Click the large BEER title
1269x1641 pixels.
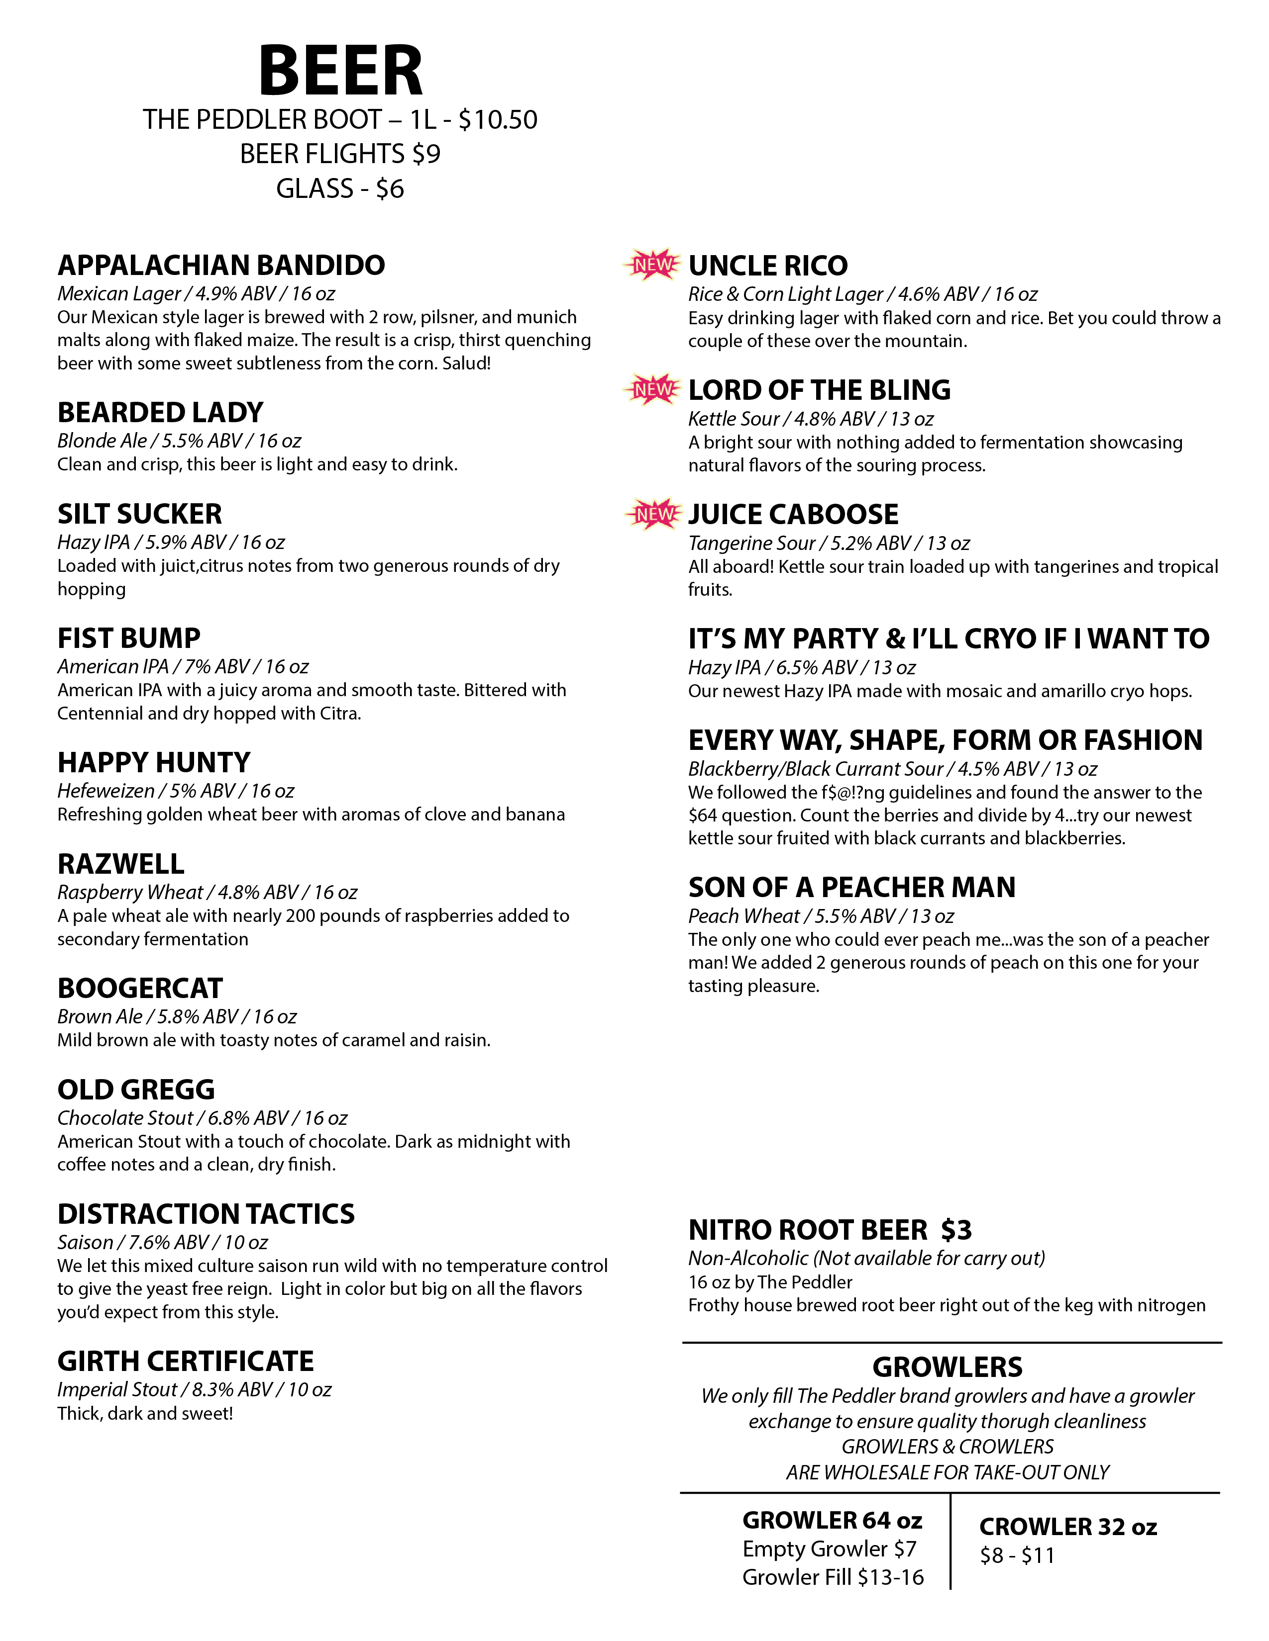pyautogui.click(x=340, y=72)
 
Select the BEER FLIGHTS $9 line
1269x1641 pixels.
pyautogui.click(x=340, y=154)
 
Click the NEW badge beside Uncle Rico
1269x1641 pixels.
pyautogui.click(x=652, y=265)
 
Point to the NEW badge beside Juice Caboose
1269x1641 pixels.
pyautogui.click(x=652, y=514)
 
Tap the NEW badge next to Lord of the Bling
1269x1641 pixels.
pyautogui.click(x=652, y=389)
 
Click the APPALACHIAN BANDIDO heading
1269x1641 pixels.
pyautogui.click(x=221, y=265)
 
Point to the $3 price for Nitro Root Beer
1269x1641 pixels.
pyautogui.click(x=956, y=1230)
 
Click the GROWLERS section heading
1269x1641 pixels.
pyautogui.click(x=947, y=1367)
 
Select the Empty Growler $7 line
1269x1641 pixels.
pyautogui.click(x=829, y=1549)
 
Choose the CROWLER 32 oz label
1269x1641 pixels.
pyautogui.click(x=1067, y=1527)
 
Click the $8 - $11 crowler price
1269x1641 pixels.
pyautogui.click(x=1017, y=1555)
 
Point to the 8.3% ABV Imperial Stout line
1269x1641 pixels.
pyautogui.click(x=194, y=1390)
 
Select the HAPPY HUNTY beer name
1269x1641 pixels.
pyautogui.click(x=153, y=763)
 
